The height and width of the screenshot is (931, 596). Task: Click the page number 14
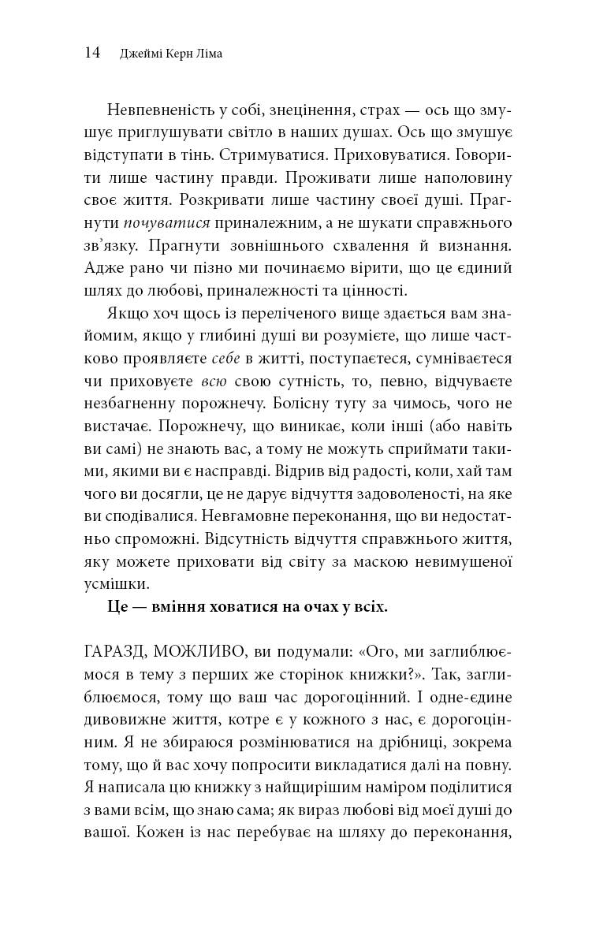tap(91, 53)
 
